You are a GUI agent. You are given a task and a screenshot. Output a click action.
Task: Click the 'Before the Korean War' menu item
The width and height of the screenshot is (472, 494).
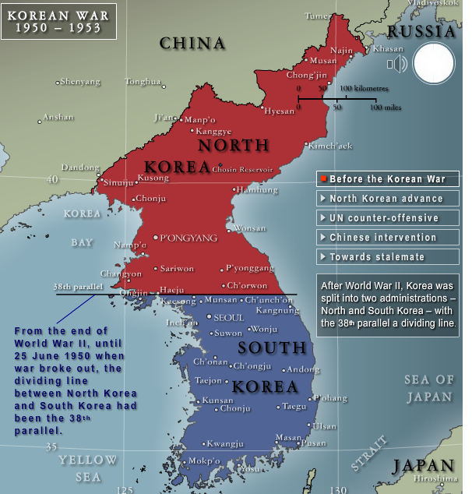coord(387,179)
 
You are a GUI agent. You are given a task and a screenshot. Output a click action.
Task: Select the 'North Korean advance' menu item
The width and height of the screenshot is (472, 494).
coord(387,199)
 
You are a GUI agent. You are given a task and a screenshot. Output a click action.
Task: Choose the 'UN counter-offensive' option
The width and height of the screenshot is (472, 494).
coord(387,218)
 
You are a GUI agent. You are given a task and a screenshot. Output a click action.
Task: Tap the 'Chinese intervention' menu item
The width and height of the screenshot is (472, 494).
coord(387,238)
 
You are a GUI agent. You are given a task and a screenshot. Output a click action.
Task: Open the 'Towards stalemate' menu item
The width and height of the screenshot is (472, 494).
coord(387,257)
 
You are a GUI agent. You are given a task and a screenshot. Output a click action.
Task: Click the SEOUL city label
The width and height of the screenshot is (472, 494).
coord(228,318)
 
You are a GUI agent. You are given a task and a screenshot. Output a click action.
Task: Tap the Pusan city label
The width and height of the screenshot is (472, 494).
coord(313,443)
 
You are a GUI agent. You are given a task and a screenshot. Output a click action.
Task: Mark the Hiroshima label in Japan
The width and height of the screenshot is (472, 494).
coord(435,478)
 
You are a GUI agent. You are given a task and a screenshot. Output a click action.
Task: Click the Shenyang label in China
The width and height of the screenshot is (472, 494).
coord(79,81)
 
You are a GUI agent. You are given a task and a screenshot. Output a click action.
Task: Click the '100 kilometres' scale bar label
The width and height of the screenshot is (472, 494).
coord(364,89)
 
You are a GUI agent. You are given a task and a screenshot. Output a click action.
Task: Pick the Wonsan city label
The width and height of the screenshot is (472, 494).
coord(250,228)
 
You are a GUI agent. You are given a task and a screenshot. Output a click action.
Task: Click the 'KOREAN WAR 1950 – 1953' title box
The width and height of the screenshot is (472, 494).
coord(58,21)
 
